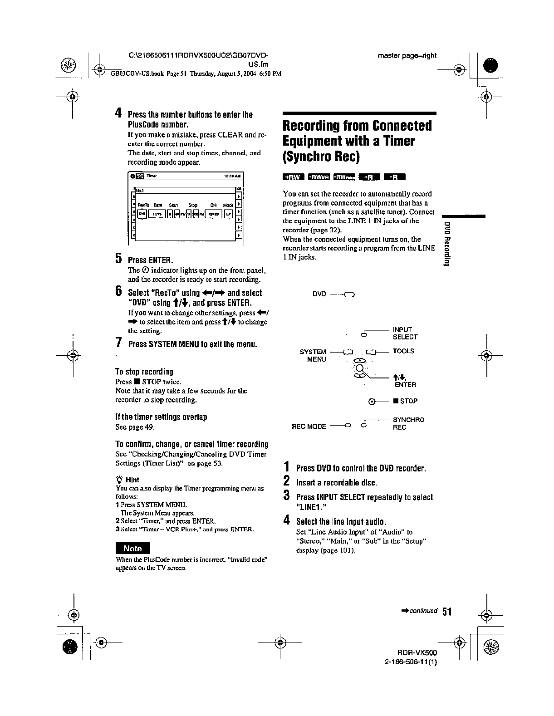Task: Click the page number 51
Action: (447, 612)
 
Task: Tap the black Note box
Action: (132, 548)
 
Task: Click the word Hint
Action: (132, 480)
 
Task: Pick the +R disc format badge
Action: (369, 177)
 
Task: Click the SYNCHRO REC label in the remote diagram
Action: (408, 423)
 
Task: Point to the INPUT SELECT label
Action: (405, 333)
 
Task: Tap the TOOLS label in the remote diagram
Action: (403, 351)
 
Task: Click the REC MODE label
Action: (309, 427)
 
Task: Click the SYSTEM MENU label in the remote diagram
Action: (313, 355)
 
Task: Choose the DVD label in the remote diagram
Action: (319, 294)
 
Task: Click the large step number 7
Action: (118, 343)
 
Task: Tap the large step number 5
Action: (118, 259)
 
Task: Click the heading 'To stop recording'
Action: (144, 372)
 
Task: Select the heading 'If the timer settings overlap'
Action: (161, 417)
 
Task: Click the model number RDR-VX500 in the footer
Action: (420, 652)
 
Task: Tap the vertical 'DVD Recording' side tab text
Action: (447, 245)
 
